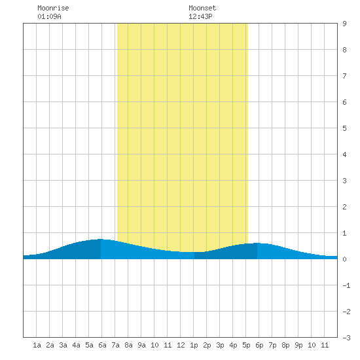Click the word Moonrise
pos(53,8)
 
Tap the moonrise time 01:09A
pos(49,16)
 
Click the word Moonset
pos(202,8)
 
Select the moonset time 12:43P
pos(200,16)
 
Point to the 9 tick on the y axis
pos(344,24)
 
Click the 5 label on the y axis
pos(344,128)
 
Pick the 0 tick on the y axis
pos(344,259)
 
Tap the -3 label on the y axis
pos(346,338)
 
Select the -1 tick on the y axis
pos(346,285)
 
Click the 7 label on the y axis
pos(344,76)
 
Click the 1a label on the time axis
pos(37,345)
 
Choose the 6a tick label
pos(102,345)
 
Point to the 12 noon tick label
pos(181,345)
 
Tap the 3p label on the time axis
pos(220,345)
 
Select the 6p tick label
pos(259,345)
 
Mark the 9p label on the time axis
pos(298,345)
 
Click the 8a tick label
pos(128,345)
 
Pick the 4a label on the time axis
pos(76,345)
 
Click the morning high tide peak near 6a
pos(101,239)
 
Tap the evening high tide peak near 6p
pos(257,243)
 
